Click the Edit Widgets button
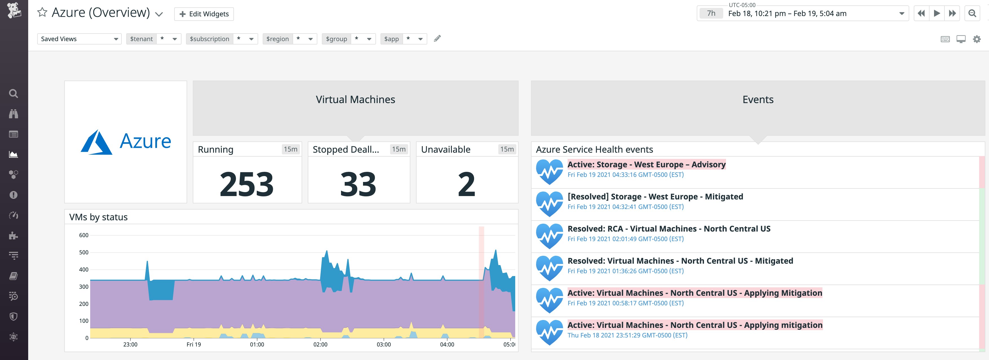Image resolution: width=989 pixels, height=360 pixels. point(204,14)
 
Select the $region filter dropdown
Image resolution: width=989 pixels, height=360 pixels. point(289,39)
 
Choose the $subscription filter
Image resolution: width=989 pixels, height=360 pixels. point(222,39)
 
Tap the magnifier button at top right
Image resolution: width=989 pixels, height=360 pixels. point(972,14)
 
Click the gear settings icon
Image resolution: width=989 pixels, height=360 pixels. point(976,39)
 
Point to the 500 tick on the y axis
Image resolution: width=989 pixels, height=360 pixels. point(84,252)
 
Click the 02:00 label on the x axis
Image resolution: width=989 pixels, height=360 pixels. point(320,344)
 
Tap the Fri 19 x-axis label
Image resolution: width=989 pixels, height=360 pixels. point(194,344)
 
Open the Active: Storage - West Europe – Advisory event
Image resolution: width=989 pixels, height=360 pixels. point(646,164)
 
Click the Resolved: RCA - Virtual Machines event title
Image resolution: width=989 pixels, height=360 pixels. point(669,229)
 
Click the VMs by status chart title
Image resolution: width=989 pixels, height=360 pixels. point(98,217)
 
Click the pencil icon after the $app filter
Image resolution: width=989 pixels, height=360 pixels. point(437,38)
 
